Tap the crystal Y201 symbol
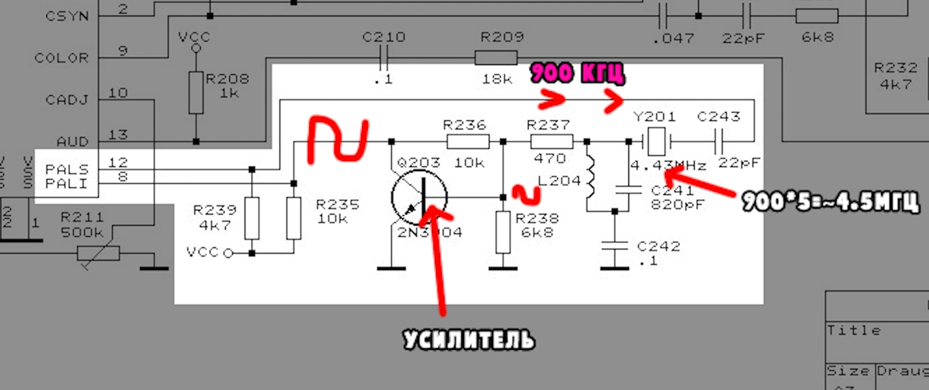click(x=656, y=141)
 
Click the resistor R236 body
click(x=468, y=141)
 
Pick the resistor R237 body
click(x=551, y=141)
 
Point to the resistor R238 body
click(x=503, y=232)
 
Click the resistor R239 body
click(x=252, y=218)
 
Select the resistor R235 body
click(x=293, y=218)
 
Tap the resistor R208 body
click(x=196, y=93)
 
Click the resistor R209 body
click(x=496, y=58)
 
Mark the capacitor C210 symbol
click(x=384, y=58)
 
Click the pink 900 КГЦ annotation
click(x=577, y=73)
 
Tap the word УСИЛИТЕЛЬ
click(x=469, y=340)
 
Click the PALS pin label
click(x=67, y=169)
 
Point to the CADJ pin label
click(x=67, y=100)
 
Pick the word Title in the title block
click(x=853, y=330)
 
